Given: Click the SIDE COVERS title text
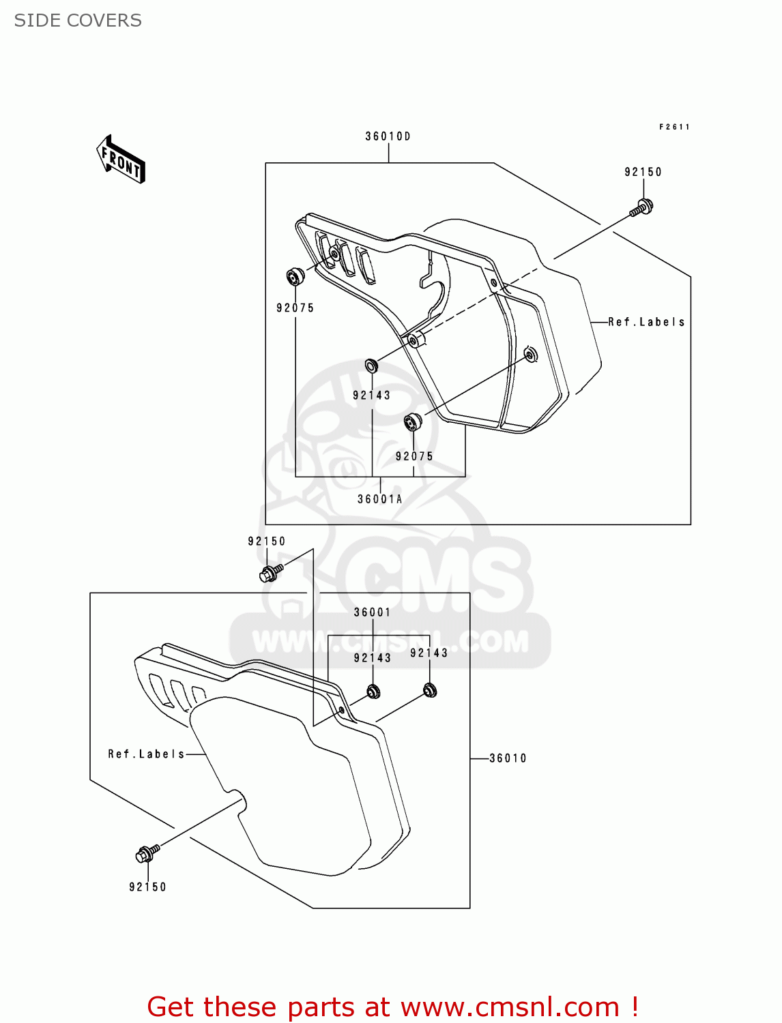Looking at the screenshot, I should tap(78, 20).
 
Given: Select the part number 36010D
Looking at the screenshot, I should tap(388, 136).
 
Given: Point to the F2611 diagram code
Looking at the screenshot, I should tap(674, 127).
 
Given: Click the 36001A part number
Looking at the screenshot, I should tap(380, 499).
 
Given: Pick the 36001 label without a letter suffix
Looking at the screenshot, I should tap(373, 612).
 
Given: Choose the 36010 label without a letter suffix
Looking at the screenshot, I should tap(508, 758).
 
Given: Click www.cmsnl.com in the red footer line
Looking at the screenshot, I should tap(510, 1007).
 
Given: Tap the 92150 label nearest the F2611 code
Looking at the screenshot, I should tap(643, 173).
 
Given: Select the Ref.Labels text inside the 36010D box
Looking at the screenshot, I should tap(646, 322).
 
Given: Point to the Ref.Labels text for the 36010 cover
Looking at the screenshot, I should tap(147, 754).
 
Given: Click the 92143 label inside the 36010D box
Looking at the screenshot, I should tap(372, 396).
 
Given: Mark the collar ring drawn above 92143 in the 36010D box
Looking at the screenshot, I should tap(371, 366).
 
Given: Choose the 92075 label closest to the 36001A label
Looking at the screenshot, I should tap(414, 456).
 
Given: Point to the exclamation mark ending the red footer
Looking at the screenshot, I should tap(635, 1007).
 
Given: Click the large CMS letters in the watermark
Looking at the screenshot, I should tap(437, 580).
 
